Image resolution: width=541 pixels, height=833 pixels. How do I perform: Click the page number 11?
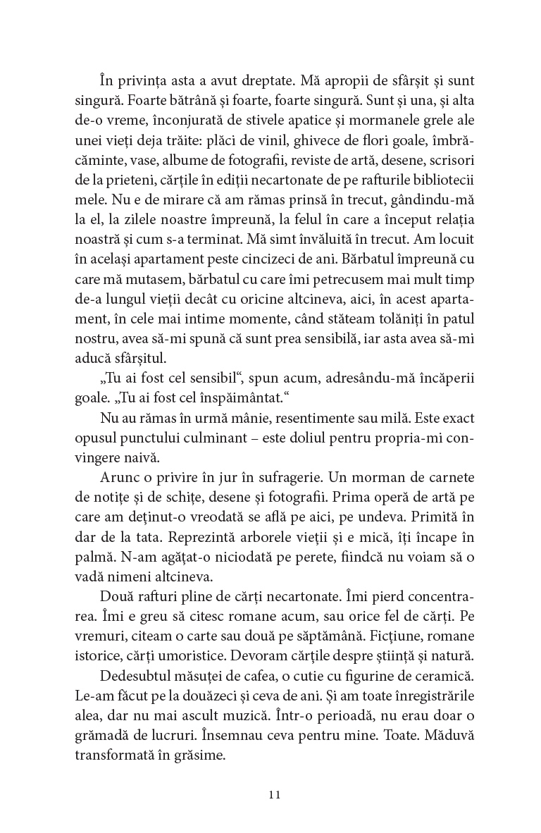pyautogui.click(x=275, y=794)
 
